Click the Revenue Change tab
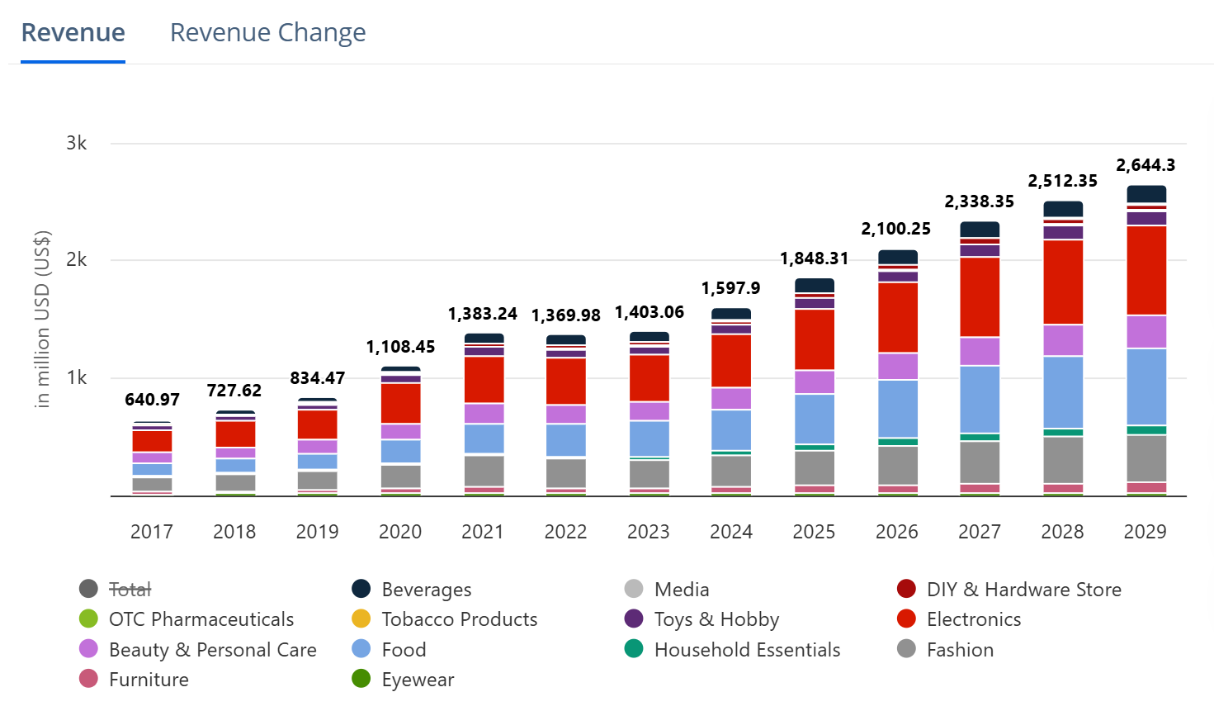(267, 33)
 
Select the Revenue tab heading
(73, 33)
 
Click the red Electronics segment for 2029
(1146, 270)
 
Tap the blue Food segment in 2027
(980, 399)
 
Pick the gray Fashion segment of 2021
(484, 471)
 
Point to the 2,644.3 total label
(1146, 165)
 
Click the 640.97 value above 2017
(152, 400)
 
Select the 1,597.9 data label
(730, 288)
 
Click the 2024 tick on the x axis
(730, 532)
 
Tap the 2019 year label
(317, 532)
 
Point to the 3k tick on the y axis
(77, 143)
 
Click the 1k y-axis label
(77, 377)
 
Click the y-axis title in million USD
(42, 319)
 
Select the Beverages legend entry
(426, 590)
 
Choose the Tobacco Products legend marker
(361, 619)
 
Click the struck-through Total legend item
(130, 590)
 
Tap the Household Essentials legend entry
(746, 650)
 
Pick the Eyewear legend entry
(417, 680)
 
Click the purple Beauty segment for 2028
(1063, 340)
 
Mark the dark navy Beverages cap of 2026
(897, 257)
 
